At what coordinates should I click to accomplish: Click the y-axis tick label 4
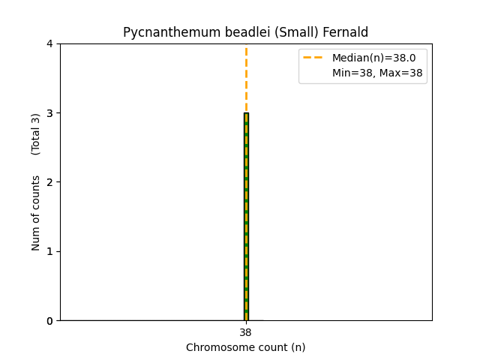click(49, 43)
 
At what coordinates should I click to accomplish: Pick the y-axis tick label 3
click(49, 113)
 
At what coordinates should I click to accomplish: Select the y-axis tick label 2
click(49, 182)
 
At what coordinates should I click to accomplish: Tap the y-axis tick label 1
click(49, 251)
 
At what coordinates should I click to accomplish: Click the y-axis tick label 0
click(49, 320)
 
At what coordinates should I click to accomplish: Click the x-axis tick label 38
click(246, 332)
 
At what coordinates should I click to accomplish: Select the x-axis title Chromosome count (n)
click(246, 347)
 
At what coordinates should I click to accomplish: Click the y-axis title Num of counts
click(36, 213)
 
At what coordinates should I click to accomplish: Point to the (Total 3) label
click(36, 134)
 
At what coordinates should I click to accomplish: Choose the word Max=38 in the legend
click(402, 73)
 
